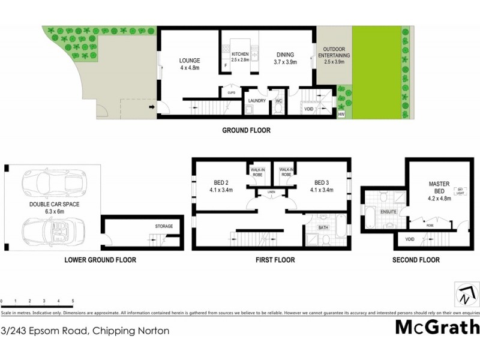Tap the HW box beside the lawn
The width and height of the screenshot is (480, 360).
click(341, 113)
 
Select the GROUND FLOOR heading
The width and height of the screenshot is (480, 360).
click(247, 130)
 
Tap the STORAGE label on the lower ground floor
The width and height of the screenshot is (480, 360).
click(164, 226)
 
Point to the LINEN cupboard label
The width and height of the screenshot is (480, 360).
click(271, 193)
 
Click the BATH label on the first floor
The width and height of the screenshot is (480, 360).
click(323, 227)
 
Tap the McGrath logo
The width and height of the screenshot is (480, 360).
click(437, 328)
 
